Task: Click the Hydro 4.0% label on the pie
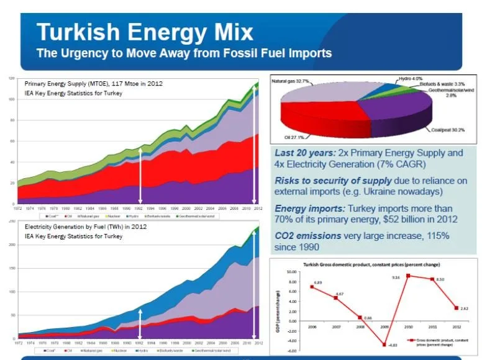[x=410, y=78]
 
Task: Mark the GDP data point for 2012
[x=457, y=308]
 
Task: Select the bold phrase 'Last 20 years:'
[x=306, y=153]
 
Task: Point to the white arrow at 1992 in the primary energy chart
[x=140, y=174]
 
